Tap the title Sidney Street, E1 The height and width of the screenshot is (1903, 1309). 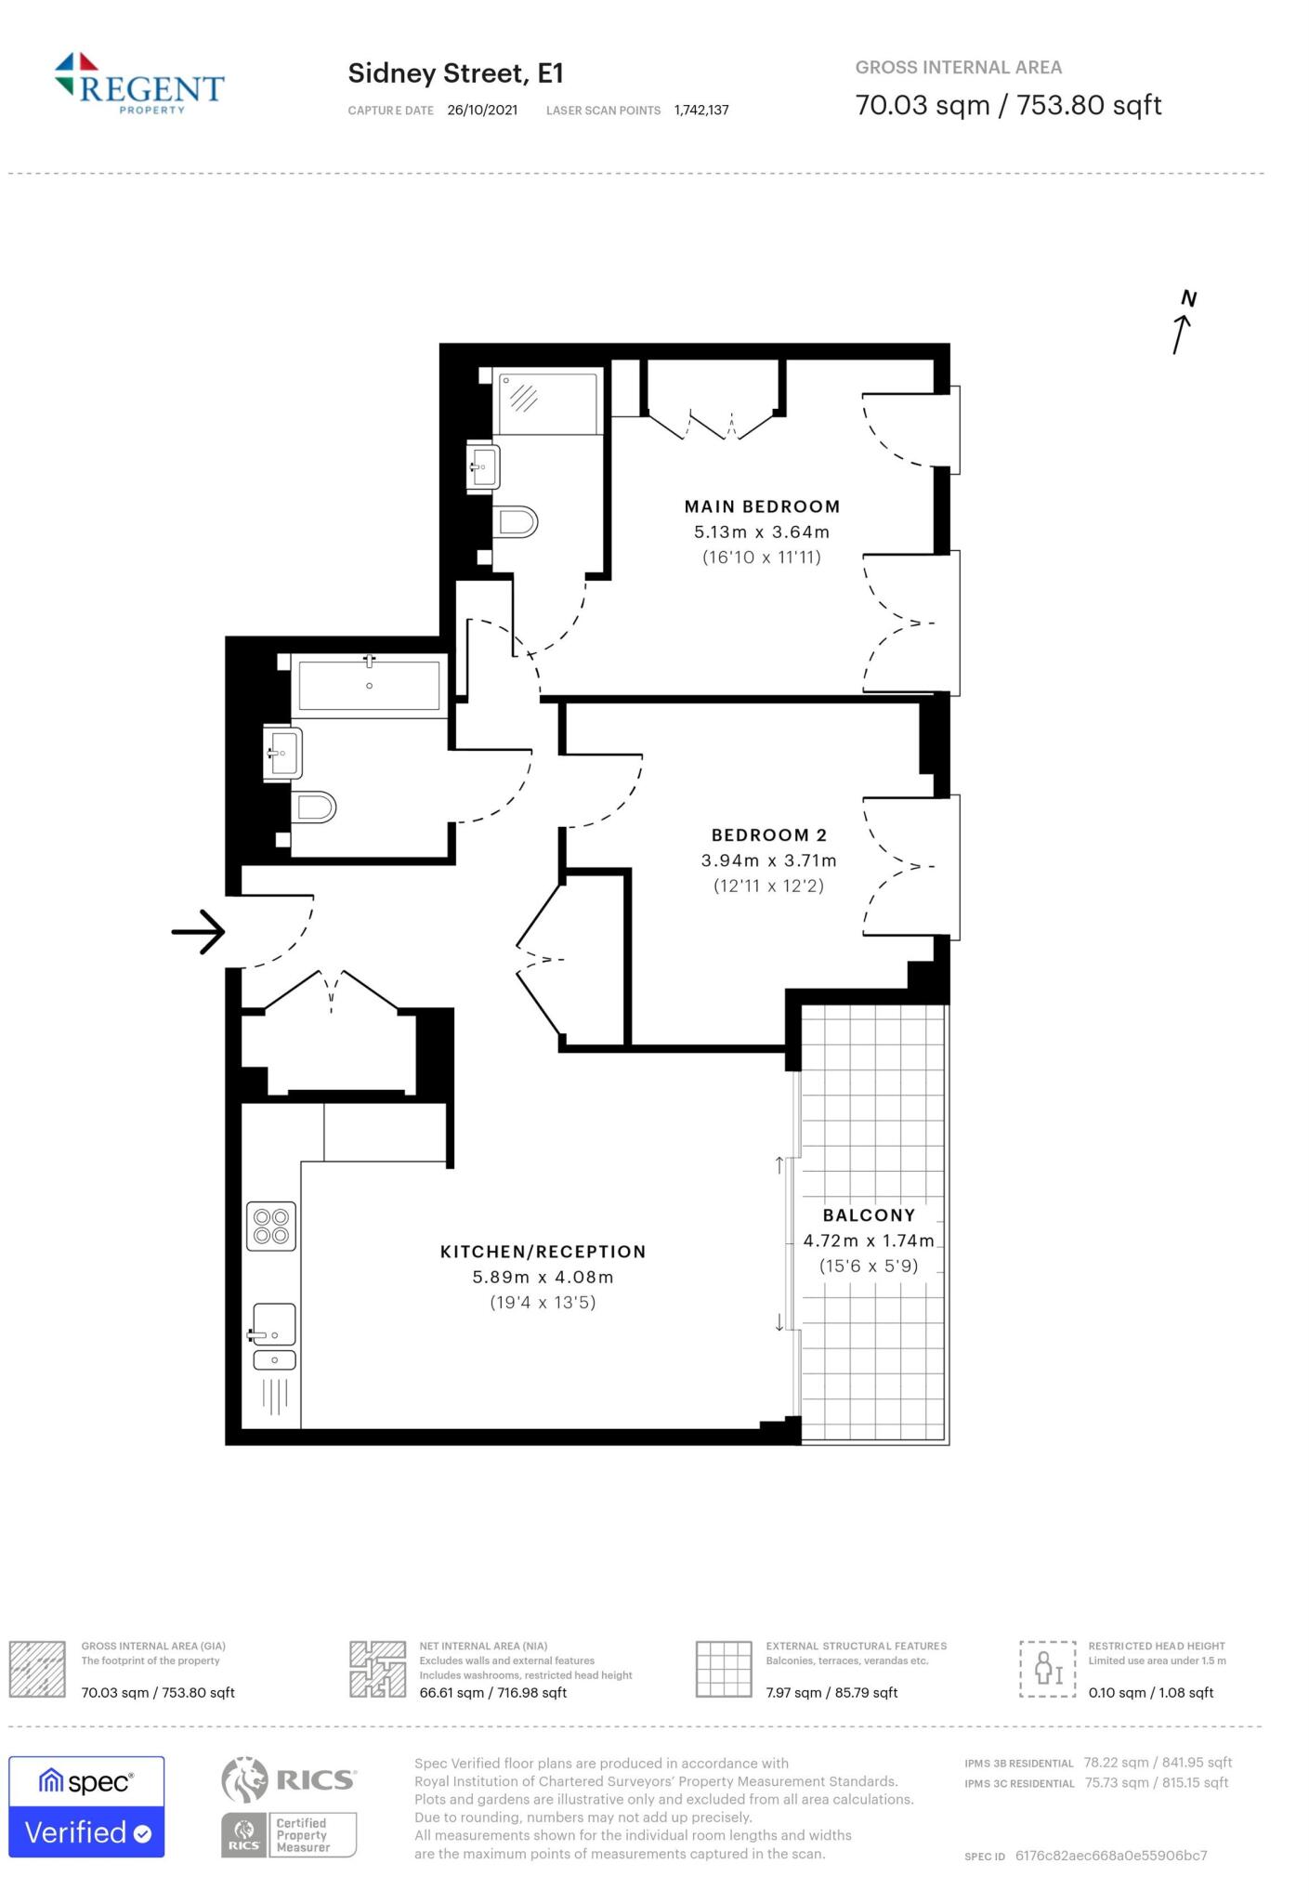pos(455,73)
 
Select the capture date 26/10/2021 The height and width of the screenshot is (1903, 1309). pos(482,111)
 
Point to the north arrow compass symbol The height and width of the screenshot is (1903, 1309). pos(1183,322)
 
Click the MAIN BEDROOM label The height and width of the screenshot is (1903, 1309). pos(762,506)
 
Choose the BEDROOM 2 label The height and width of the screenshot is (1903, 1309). pos(769,835)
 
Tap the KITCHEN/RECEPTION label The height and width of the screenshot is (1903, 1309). pos(543,1252)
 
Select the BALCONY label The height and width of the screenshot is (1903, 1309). pos(869,1215)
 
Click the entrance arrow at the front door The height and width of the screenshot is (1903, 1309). pos(199,931)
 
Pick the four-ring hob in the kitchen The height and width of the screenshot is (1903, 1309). pos(271,1226)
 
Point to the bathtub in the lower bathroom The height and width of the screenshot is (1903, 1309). pos(369,686)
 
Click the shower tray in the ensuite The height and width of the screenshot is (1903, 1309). pos(547,403)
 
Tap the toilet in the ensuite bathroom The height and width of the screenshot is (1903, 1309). pos(515,522)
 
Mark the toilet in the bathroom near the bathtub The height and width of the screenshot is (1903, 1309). pos(313,807)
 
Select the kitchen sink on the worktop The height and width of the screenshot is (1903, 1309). pos(274,1324)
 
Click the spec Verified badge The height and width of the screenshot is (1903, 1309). pos(86,1806)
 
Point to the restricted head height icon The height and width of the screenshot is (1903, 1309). pos(1047,1669)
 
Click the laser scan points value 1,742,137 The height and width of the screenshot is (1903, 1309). pos(701,111)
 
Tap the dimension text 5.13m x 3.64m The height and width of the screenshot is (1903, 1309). pos(762,532)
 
